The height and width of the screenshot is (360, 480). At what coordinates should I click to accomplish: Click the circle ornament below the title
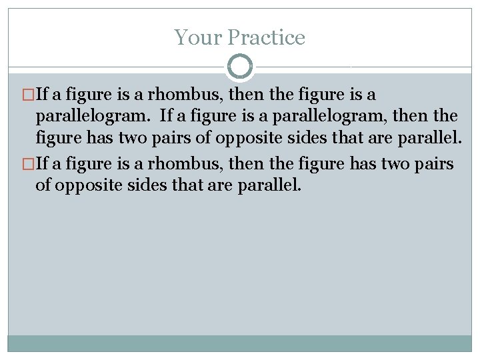(240, 67)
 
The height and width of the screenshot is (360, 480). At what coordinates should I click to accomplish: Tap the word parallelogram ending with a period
(93, 115)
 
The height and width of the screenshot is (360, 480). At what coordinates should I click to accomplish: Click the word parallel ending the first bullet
(427, 139)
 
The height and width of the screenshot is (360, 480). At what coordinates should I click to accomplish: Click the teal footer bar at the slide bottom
(240, 343)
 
